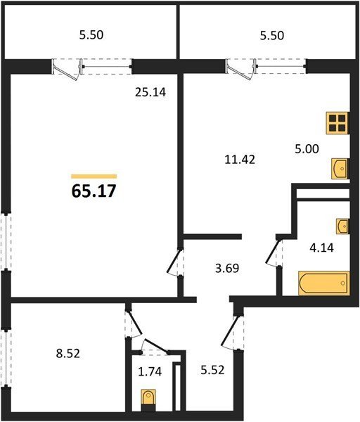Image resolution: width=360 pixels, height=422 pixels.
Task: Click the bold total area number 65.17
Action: [94, 191]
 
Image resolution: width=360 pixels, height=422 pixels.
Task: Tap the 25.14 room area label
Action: [150, 92]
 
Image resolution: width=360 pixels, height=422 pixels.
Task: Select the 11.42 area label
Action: [240, 160]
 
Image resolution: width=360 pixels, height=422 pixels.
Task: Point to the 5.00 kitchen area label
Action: [307, 148]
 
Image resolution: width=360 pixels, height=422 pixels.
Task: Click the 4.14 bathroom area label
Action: [321, 248]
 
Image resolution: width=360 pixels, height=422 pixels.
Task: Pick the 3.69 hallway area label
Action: [227, 269]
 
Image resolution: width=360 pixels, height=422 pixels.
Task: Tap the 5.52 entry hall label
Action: [212, 370]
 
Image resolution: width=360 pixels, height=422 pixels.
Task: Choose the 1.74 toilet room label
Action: [150, 371]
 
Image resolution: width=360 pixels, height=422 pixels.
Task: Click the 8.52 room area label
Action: [68, 353]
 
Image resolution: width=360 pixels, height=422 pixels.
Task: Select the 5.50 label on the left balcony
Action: [91, 35]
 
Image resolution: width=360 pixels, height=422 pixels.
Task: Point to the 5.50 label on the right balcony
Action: [271, 36]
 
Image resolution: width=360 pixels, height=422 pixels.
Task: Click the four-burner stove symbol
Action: [337, 123]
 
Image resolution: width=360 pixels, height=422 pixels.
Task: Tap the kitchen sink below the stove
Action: [340, 169]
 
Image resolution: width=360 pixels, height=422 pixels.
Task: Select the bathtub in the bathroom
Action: [324, 283]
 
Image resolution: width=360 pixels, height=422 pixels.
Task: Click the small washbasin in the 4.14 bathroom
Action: [342, 226]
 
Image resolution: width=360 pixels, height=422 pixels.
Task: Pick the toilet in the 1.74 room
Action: [148, 399]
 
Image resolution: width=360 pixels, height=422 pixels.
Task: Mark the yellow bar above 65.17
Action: [94, 177]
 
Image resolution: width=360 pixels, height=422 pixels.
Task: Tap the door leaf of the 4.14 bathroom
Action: [272, 252]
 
